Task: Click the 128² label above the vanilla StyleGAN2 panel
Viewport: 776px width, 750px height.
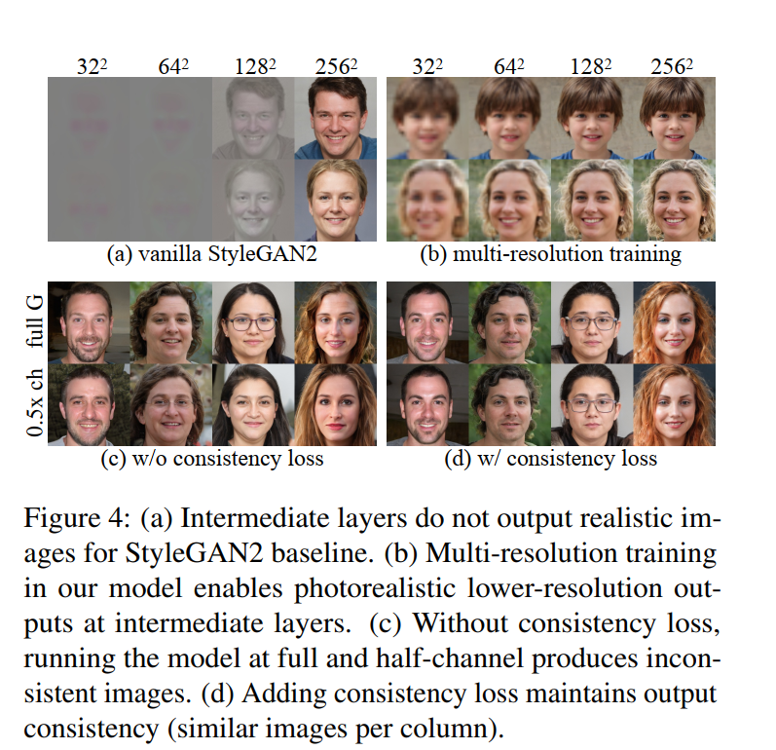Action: (x=255, y=66)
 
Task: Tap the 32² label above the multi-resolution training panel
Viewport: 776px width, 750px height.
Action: (x=427, y=66)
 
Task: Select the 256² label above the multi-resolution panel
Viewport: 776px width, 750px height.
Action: (x=672, y=66)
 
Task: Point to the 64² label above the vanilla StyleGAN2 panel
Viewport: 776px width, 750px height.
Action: (x=173, y=66)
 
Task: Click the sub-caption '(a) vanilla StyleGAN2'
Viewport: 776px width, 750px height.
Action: (x=212, y=254)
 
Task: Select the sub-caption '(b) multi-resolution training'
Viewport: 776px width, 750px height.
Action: (x=551, y=254)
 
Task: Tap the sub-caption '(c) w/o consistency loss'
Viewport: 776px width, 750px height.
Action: (x=212, y=459)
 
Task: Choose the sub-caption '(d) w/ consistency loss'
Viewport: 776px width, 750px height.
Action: (x=551, y=459)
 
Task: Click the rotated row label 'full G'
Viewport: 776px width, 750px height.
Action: (x=35, y=321)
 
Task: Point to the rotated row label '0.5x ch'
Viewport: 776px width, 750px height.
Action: (x=35, y=402)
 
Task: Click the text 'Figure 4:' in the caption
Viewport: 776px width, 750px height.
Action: (x=77, y=519)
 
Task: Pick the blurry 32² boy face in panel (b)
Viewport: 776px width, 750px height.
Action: (x=427, y=118)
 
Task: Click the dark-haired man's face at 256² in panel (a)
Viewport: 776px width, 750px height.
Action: (x=336, y=118)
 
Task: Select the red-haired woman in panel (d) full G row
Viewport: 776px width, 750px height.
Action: (x=674, y=322)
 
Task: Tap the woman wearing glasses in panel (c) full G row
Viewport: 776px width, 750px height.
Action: (x=253, y=322)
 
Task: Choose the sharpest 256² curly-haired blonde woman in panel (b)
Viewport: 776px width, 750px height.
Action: (x=674, y=200)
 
